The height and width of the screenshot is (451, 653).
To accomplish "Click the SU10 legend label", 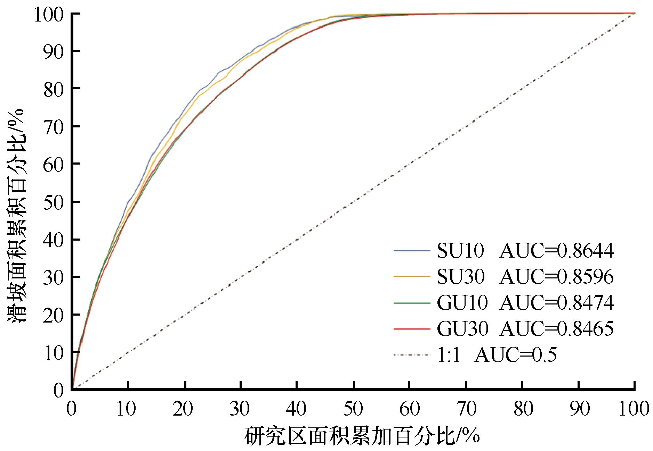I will click(460, 251).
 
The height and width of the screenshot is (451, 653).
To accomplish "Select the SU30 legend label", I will click(460, 277).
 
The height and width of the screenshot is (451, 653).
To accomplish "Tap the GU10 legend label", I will click(462, 303).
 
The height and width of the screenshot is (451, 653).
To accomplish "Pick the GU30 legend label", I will click(462, 329).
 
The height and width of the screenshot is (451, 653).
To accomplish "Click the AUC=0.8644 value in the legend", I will click(556, 251).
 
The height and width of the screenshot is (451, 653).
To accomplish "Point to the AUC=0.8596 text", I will click(556, 277).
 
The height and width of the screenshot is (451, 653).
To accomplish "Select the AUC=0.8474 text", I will click(556, 303).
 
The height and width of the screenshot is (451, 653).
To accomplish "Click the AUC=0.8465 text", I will click(556, 329).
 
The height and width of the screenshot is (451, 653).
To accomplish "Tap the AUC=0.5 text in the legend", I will click(515, 355).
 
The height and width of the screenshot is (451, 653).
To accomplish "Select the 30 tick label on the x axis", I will click(241, 409).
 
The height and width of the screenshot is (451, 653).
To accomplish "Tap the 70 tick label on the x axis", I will click(466, 409).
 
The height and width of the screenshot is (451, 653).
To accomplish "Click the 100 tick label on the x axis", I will click(635, 409).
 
